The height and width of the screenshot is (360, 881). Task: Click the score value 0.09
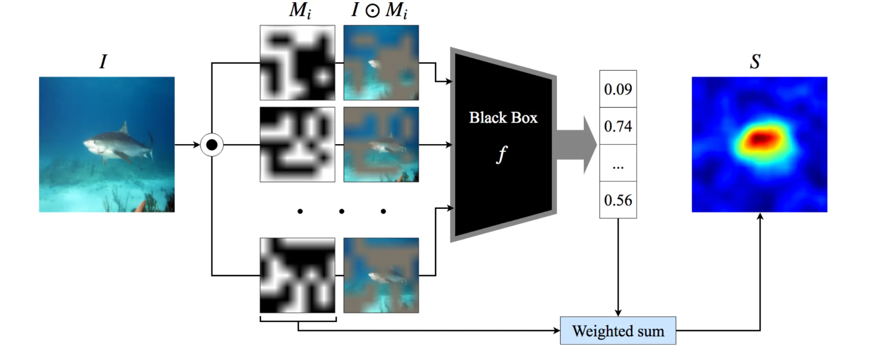tap(618, 89)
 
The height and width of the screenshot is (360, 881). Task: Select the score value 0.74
tap(618, 126)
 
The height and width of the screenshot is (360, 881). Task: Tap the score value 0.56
tap(618, 200)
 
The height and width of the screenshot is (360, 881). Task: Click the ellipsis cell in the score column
tap(618, 163)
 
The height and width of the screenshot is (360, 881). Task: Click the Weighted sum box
tap(618, 330)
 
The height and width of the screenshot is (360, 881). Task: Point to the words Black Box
tap(503, 118)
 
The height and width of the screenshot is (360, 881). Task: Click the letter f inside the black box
tap(502, 155)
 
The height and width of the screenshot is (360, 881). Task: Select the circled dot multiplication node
tap(212, 145)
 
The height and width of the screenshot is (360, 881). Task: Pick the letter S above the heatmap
tap(755, 62)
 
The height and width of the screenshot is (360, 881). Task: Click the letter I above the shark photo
tap(103, 62)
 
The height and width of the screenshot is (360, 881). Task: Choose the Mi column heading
tap(300, 11)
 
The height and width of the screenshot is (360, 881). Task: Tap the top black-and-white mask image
tap(297, 63)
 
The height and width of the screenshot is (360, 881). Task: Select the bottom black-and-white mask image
tap(297, 275)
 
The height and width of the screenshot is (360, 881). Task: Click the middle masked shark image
tap(381, 145)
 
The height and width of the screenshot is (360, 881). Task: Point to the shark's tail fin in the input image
tap(150, 145)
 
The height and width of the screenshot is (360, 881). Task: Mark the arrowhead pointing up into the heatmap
tap(760, 216)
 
